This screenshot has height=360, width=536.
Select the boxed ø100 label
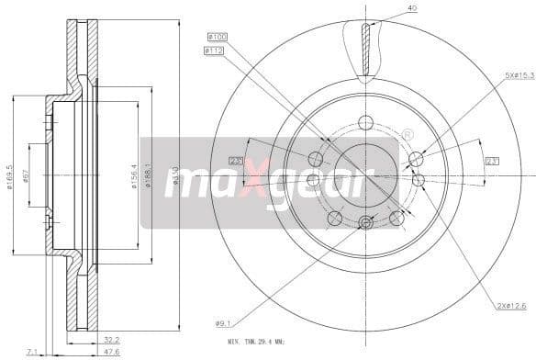[216, 36]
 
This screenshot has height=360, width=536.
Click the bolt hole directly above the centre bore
[366, 123]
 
